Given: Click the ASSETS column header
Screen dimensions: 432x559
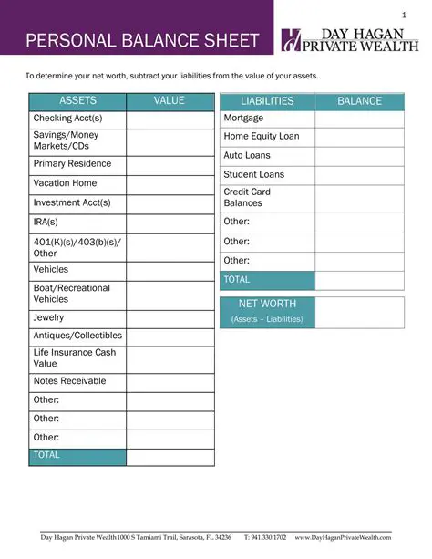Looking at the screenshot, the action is (77, 101).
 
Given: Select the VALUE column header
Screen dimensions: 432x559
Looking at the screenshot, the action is (170, 101).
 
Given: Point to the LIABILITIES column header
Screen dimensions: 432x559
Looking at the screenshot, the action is (267, 101).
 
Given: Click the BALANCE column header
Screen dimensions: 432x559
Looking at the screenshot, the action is (359, 101).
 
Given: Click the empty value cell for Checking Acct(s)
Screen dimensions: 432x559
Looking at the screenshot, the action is (170, 119).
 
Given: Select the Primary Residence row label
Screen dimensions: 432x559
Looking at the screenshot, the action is (72, 164).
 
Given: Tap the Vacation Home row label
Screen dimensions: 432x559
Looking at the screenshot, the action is (65, 183).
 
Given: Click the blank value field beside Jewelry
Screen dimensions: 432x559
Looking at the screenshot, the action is (170, 318).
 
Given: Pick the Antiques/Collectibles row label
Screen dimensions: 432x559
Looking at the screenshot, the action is (77, 336).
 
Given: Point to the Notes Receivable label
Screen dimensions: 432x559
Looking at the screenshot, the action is (69, 381).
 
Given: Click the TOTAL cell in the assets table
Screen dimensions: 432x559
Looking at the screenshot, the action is (77, 455).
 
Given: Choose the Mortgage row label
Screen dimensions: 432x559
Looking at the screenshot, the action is (243, 119).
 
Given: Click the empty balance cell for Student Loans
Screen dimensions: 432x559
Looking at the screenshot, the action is (359, 174).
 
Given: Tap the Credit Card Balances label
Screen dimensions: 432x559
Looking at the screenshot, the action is (247, 198).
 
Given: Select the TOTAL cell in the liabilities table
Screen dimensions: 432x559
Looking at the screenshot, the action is (267, 280).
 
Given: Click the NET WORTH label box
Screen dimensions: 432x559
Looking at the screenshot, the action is (267, 311).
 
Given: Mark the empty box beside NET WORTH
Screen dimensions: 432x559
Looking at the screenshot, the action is (359, 311).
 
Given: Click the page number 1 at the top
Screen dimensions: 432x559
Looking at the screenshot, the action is (404, 16).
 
